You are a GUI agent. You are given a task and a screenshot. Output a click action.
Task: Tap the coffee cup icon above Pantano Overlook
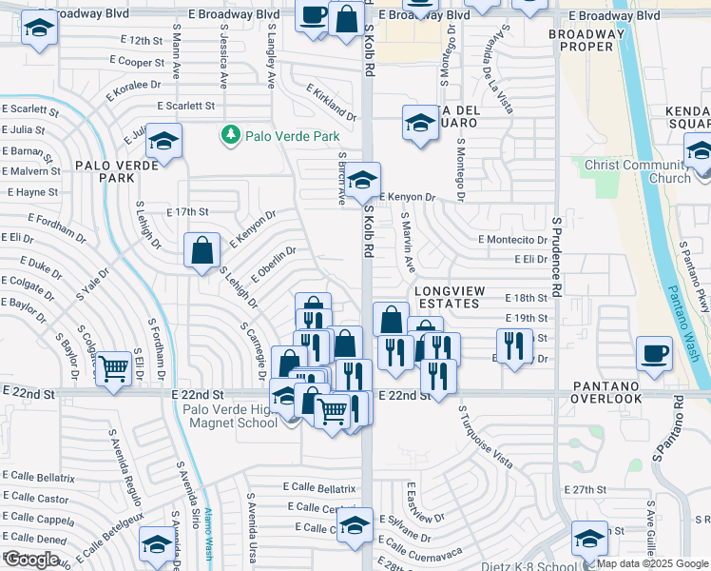(654, 353)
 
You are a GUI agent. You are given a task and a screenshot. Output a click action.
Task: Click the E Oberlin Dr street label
(274, 264)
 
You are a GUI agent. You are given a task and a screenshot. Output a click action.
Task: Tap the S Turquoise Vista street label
(485, 437)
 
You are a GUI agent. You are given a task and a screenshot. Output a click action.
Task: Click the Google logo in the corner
(31, 560)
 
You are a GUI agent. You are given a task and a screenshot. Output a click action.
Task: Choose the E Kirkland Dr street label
(331, 103)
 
